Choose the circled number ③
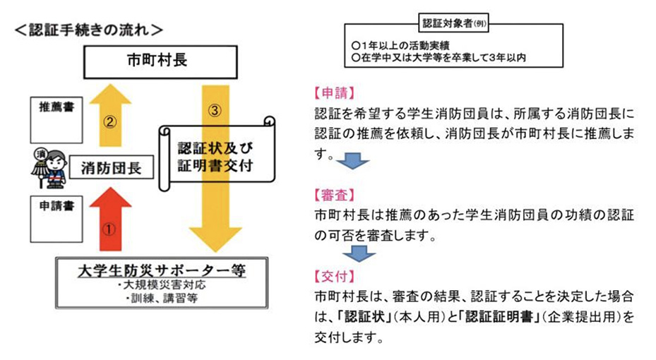point(217,110)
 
